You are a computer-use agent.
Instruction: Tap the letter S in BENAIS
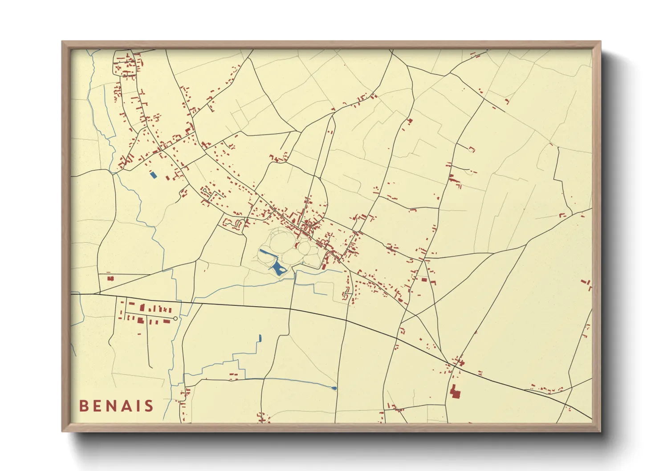149,406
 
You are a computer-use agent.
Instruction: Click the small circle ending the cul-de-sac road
175,319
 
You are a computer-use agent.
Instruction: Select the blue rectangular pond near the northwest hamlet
154,175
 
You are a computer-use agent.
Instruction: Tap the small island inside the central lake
282,269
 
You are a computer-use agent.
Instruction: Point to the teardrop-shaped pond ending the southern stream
334,388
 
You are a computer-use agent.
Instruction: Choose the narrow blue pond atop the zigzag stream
260,338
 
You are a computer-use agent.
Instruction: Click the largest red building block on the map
455,392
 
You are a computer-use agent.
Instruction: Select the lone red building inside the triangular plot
110,279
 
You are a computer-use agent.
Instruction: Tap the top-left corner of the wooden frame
62,42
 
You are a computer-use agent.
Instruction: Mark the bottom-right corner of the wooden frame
600,431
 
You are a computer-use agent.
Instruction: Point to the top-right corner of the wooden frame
600,42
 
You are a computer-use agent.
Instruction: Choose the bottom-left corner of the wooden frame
62,431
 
